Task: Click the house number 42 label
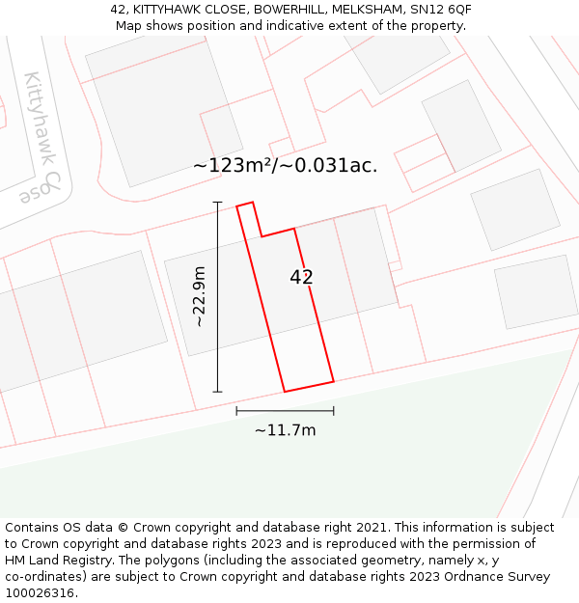tap(301, 278)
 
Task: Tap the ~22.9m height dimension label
tap(200, 297)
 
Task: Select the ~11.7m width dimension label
tap(285, 430)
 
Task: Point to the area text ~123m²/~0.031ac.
tap(285, 165)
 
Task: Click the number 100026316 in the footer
tap(40, 593)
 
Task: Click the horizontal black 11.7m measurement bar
tap(285, 411)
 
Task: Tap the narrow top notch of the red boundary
tap(246, 206)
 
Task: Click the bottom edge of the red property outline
tap(309, 387)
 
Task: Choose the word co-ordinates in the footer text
tap(42, 577)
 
